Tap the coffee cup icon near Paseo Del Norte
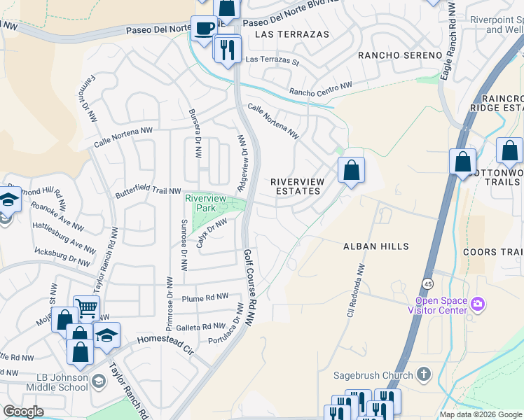[204, 29]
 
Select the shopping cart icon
[86, 308]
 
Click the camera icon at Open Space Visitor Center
[478, 303]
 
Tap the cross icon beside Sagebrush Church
[422, 375]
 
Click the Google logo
[23, 412]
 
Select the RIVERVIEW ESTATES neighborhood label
[298, 186]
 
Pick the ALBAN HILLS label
[375, 246]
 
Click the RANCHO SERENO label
[400, 55]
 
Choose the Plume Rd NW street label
[205, 297]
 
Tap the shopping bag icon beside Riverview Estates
[352, 170]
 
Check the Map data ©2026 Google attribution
[481, 414]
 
